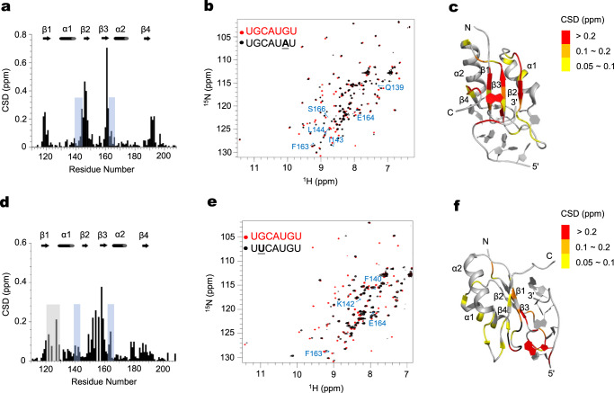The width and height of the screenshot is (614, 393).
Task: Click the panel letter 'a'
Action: (5, 7)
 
